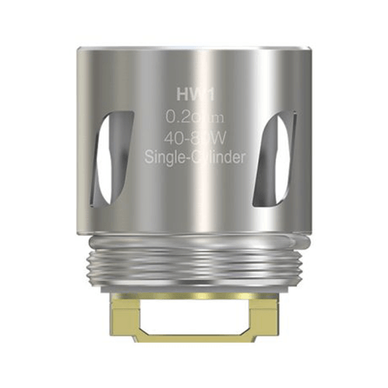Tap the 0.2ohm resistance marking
coord(195,117)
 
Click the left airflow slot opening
coord(104,152)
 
